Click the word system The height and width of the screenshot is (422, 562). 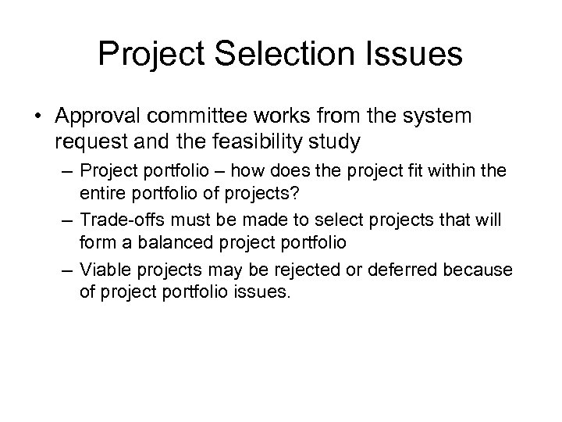(x=438, y=117)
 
